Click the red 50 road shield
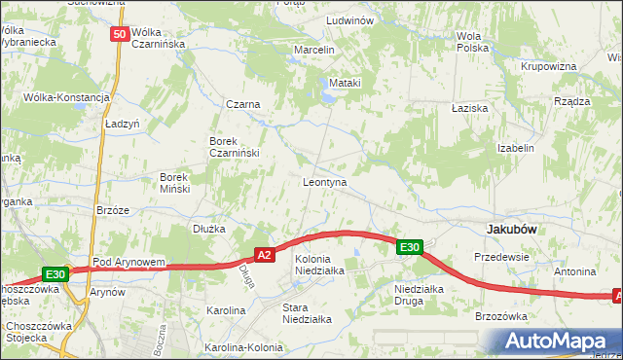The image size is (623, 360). coord(119,34)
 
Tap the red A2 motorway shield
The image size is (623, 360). coord(264,255)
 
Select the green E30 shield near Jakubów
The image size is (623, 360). coord(410,248)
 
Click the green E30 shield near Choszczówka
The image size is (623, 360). coord(55,275)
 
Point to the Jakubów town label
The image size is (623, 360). coord(512,229)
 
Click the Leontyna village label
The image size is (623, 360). coord(325,182)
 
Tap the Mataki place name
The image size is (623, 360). coord(345,83)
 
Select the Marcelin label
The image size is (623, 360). coord(314,50)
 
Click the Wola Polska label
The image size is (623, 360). coord(472,42)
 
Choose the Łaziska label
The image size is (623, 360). coord(469,108)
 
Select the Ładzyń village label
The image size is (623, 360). coord(123,125)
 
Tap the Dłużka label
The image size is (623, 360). coord(209,230)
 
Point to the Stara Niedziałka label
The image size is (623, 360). coord(307,312)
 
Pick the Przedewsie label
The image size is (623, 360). coord(500,257)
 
